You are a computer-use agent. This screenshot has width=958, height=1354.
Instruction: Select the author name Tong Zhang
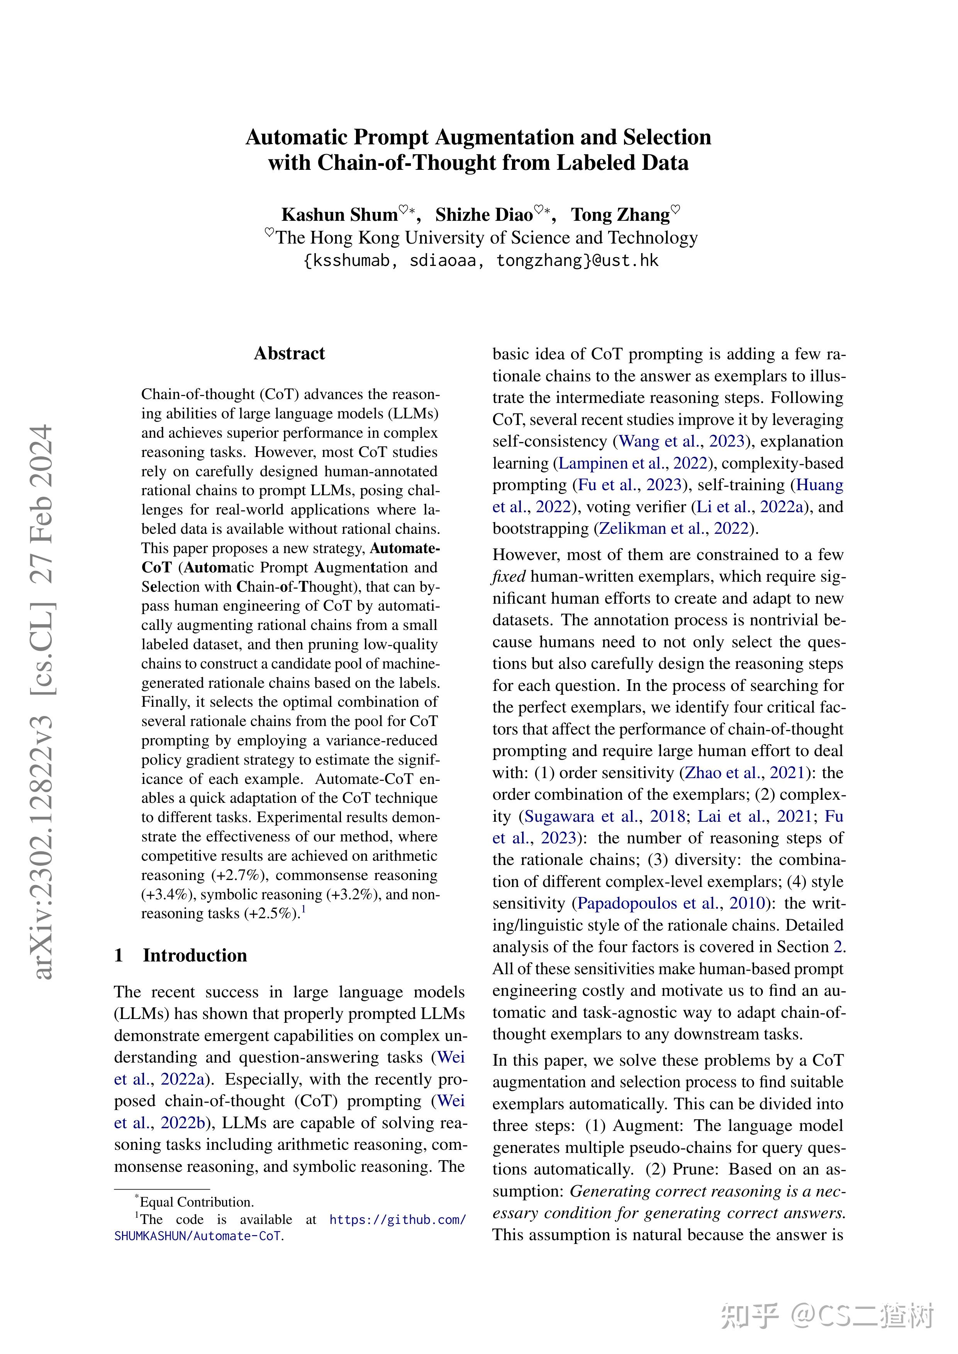click(620, 215)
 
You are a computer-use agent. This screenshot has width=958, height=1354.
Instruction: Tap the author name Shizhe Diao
click(484, 215)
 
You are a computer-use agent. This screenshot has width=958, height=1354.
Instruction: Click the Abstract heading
click(289, 353)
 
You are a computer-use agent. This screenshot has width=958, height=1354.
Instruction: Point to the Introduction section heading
click(195, 955)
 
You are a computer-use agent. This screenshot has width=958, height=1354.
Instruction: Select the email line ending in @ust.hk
click(480, 261)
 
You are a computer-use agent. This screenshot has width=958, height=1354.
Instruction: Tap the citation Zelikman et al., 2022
click(674, 528)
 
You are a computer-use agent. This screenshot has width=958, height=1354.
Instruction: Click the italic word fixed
click(509, 576)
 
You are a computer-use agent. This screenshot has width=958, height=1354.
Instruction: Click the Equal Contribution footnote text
click(197, 1202)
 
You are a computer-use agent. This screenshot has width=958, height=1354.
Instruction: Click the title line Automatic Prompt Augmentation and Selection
click(478, 137)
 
